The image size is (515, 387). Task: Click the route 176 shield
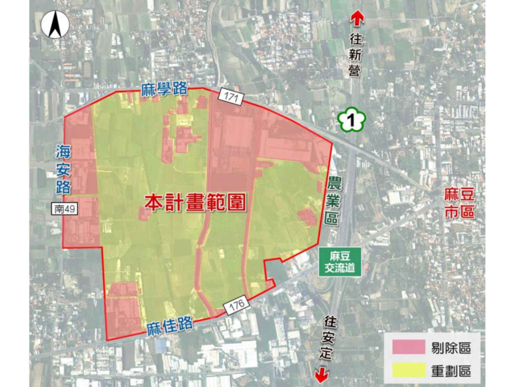(234, 303)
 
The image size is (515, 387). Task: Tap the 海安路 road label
(62, 170)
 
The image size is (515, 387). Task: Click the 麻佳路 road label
(171, 327)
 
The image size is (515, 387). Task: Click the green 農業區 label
(332, 201)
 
